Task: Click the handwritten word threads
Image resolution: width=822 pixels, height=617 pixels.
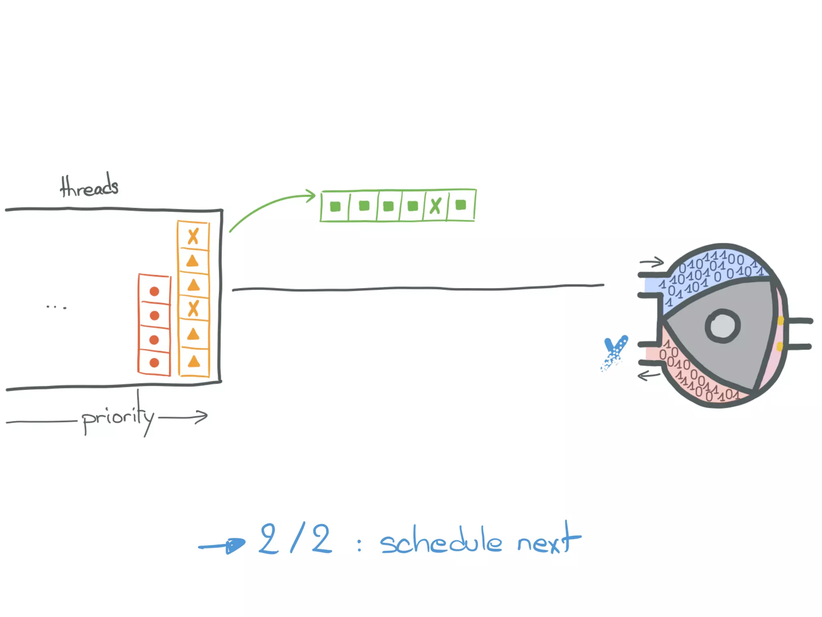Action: click(89, 186)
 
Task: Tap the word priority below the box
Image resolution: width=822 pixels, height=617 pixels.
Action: click(118, 418)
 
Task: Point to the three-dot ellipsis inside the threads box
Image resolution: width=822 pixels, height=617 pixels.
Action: click(56, 307)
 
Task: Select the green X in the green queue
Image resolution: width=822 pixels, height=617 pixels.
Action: click(435, 206)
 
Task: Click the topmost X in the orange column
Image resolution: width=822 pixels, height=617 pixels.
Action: click(193, 237)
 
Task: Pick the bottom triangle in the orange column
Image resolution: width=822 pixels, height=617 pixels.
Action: click(194, 362)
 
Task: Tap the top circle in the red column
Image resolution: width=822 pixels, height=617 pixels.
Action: click(154, 291)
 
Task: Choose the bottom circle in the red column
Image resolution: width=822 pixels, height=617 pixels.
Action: click(154, 363)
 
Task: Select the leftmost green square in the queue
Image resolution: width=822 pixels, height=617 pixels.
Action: click(335, 206)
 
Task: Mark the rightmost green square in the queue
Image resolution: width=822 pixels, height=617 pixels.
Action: click(461, 205)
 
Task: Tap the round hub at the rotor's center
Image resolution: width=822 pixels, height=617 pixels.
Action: click(722, 326)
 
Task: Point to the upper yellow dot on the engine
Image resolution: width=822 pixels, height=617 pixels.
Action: click(780, 321)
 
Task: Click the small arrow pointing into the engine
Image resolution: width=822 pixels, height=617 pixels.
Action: click(652, 263)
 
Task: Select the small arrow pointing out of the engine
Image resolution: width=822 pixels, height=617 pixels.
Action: click(649, 376)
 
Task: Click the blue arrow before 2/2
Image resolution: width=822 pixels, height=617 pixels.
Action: click(223, 545)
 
